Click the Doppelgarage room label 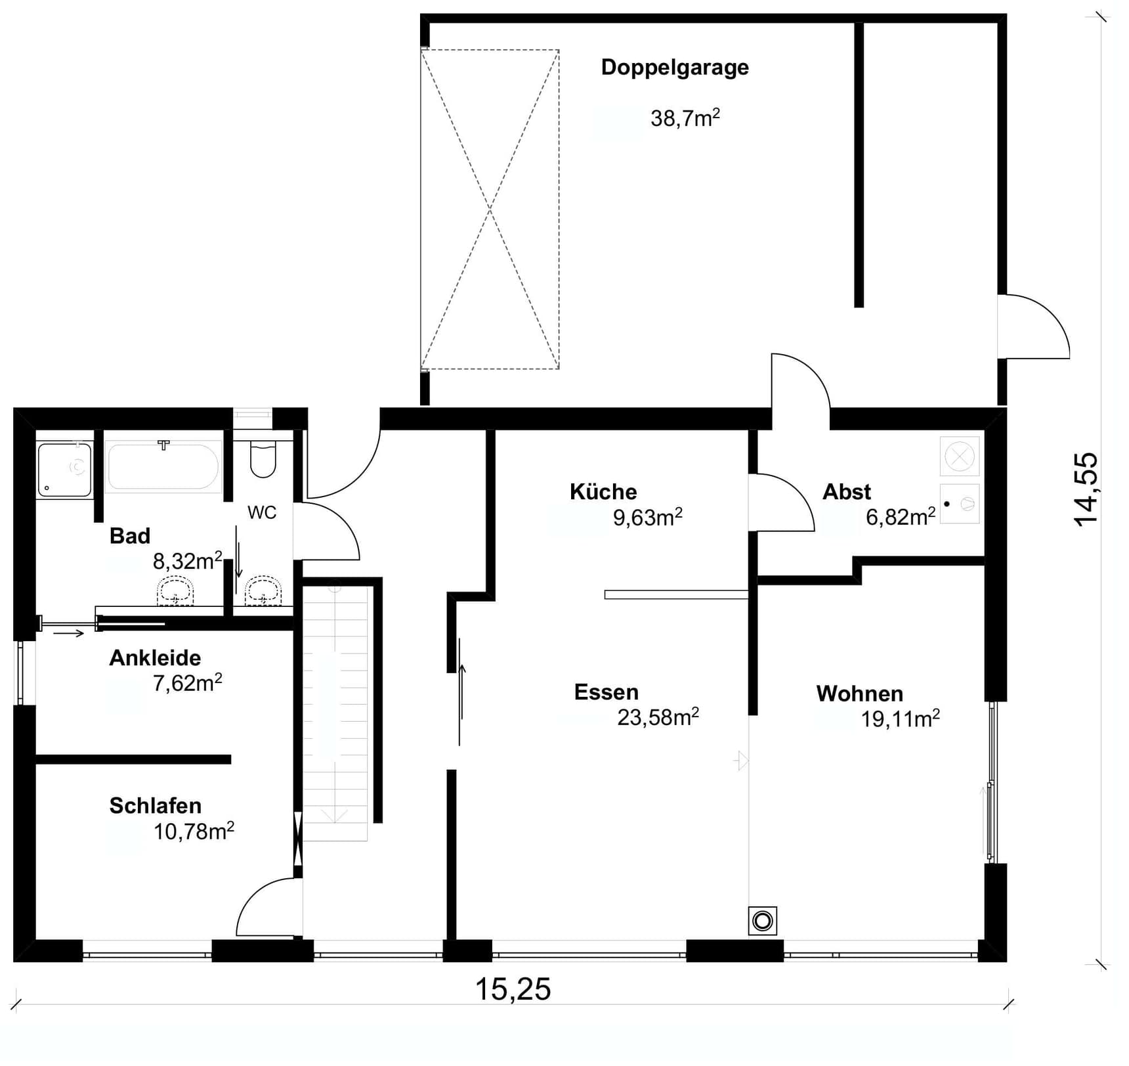[675, 68]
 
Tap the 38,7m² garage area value [685, 118]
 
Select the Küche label [603, 491]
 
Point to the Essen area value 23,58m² [658, 717]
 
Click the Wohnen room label [860, 694]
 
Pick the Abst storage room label [847, 491]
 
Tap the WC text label [262, 512]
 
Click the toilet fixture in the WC [263, 458]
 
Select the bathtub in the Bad [163, 466]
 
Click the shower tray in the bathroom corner [64, 469]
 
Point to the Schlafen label [155, 806]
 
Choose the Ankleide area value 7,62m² [188, 683]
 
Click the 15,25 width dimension [513, 989]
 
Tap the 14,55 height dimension [1086, 489]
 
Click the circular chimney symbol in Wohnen [763, 921]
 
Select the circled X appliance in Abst [959, 456]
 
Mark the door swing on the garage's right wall [1034, 326]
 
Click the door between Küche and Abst [782, 502]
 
